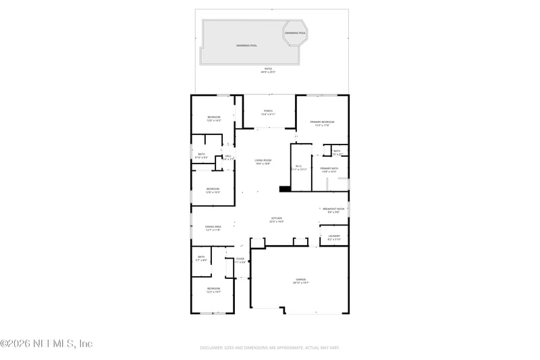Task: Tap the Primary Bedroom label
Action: pyautogui.click(x=322, y=123)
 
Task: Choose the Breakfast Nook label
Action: pyautogui.click(x=334, y=209)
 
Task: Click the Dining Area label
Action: pyautogui.click(x=213, y=228)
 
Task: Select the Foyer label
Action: pyautogui.click(x=240, y=260)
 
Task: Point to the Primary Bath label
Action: pyautogui.click(x=329, y=170)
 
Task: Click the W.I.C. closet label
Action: pyautogui.click(x=299, y=167)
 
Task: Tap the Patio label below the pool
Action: pyautogui.click(x=268, y=70)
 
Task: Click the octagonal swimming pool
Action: pyautogui.click(x=295, y=33)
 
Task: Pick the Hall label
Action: pyautogui.click(x=228, y=157)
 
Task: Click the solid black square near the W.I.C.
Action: pyautogui.click(x=284, y=189)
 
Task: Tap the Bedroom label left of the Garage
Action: pyautogui.click(x=213, y=289)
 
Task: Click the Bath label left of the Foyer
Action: pyautogui.click(x=201, y=258)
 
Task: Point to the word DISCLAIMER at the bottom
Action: pyautogui.click(x=213, y=348)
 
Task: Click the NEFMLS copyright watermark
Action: pyautogui.click(x=47, y=344)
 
